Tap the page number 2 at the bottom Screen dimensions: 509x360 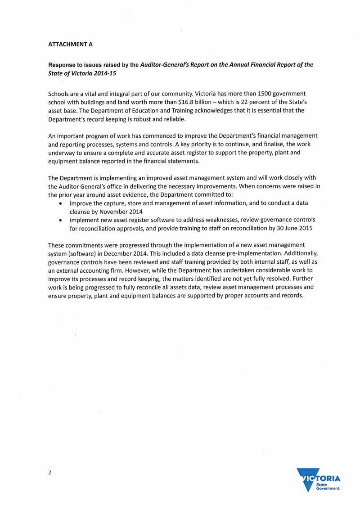point(50,472)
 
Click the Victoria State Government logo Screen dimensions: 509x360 point(318,480)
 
